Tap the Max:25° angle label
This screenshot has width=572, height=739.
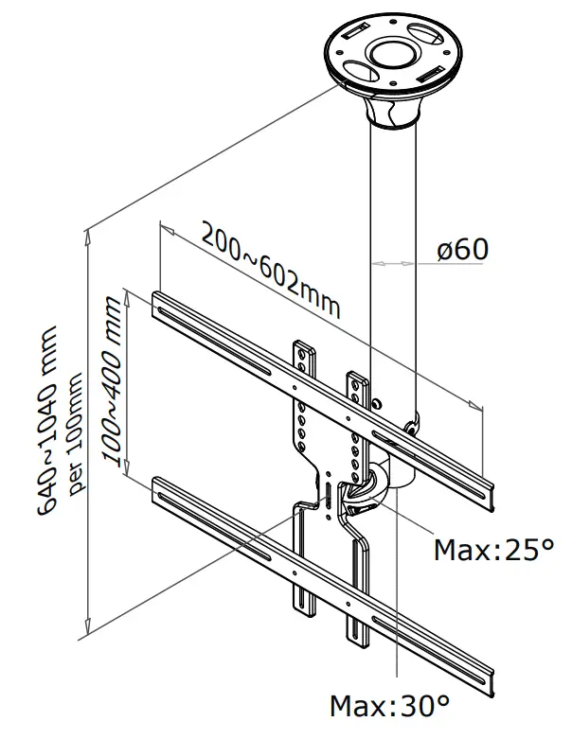492,550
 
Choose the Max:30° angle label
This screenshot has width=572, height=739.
389,705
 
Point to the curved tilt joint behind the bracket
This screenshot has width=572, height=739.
384,483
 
